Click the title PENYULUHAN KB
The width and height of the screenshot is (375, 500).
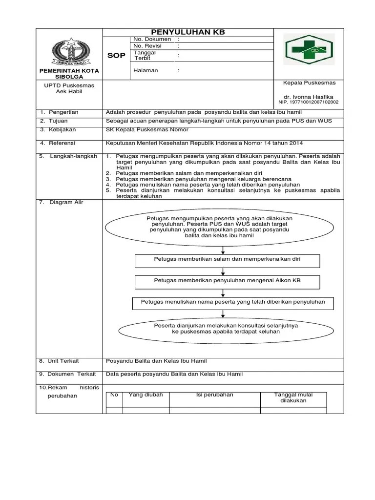[x=187, y=32]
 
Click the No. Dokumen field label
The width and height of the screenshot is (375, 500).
[x=152, y=39]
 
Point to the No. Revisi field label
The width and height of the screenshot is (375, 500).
[x=147, y=46]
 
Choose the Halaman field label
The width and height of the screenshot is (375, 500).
[x=146, y=70]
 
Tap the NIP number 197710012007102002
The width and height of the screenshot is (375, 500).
[x=308, y=103]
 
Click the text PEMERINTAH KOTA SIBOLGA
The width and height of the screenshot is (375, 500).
[x=69, y=74]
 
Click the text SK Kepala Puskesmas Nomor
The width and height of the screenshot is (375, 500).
[x=147, y=130]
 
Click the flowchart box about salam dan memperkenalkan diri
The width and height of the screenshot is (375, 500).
[x=227, y=260]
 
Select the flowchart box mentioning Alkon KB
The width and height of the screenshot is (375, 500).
[x=227, y=281]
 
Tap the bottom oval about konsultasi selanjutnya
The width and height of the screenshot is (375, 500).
[x=226, y=328]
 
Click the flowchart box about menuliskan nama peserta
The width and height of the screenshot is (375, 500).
[x=233, y=302]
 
